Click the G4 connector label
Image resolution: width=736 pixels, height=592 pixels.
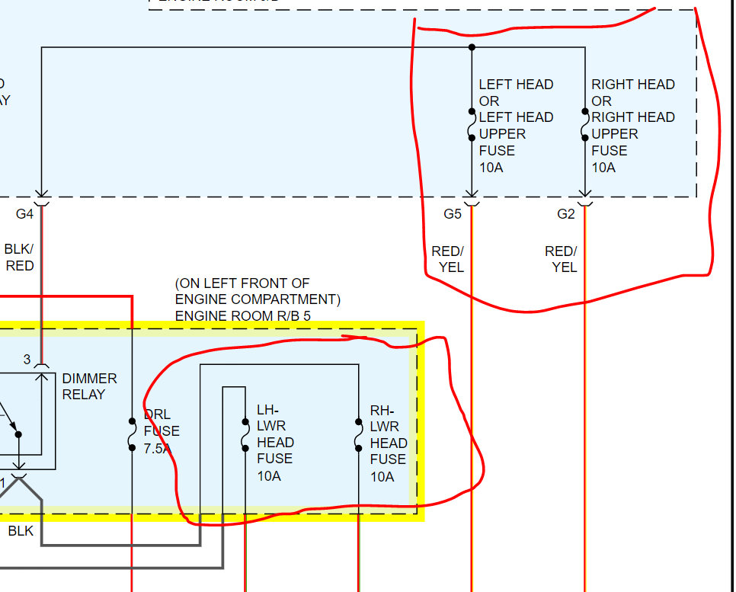(x=25, y=214)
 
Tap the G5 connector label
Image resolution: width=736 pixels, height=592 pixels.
(x=453, y=214)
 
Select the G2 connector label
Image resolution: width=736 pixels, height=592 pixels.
(x=565, y=214)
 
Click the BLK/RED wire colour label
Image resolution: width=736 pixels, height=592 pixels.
(x=20, y=258)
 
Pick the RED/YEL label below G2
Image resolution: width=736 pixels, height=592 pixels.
(x=561, y=259)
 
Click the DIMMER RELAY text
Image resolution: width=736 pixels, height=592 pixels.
(x=89, y=386)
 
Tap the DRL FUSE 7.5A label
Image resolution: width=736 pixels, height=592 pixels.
(x=162, y=431)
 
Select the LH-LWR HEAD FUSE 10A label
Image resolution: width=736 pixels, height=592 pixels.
(x=275, y=443)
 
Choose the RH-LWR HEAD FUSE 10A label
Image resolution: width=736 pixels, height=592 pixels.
(x=389, y=443)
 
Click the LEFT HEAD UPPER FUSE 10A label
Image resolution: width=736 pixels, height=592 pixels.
(x=516, y=126)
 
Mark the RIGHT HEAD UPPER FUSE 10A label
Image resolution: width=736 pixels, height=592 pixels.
(x=632, y=126)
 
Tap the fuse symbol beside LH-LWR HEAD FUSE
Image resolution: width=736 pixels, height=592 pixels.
(x=245, y=434)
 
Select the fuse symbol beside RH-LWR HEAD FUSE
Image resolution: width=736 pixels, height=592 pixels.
(x=358, y=434)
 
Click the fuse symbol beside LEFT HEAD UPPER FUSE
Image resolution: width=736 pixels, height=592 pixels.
(x=472, y=126)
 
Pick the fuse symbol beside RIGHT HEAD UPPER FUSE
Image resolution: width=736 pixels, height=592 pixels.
(x=584, y=126)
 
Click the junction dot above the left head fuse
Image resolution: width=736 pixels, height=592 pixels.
(x=472, y=47)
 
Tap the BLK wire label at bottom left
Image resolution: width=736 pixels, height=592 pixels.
(x=21, y=531)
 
